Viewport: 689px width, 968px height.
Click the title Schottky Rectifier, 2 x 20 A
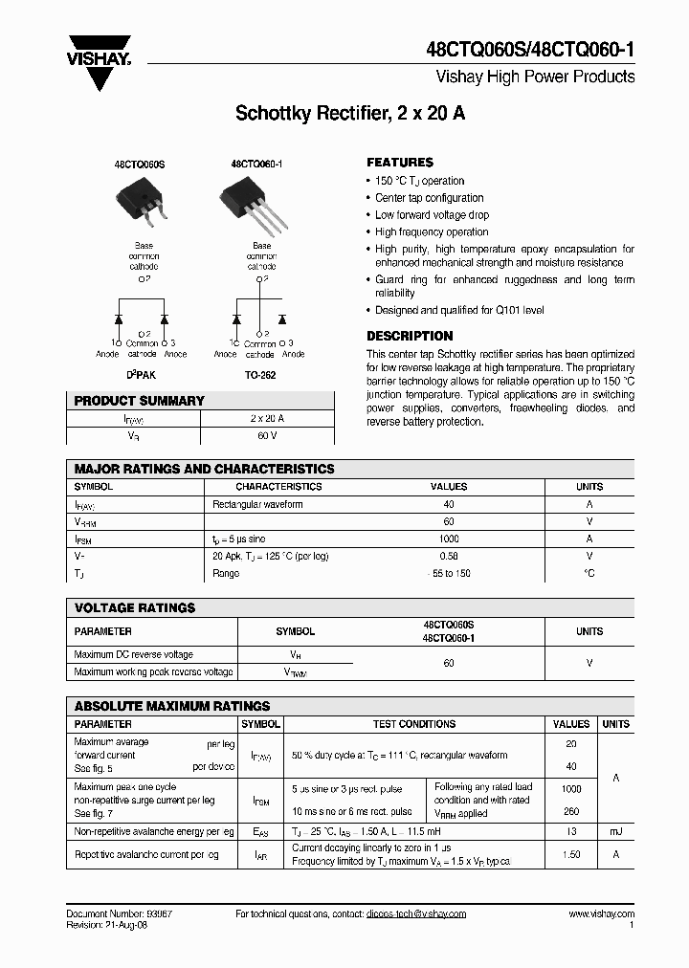pyautogui.click(x=350, y=114)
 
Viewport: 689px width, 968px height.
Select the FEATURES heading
pyautogui.click(x=400, y=163)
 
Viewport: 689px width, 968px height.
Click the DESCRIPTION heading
pyautogui.click(x=410, y=337)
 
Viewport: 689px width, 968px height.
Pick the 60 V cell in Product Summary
pyautogui.click(x=266, y=436)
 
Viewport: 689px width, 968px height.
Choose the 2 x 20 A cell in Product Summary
pyautogui.click(x=266, y=419)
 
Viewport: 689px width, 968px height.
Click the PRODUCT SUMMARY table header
pyautogui.click(x=140, y=401)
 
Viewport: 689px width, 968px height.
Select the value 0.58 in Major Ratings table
pyautogui.click(x=449, y=556)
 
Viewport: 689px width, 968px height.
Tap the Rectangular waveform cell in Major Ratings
pyautogui.click(x=257, y=504)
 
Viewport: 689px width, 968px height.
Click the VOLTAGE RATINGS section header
pyautogui.click(x=135, y=607)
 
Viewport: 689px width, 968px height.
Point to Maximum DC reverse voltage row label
pyautogui.click(x=133, y=655)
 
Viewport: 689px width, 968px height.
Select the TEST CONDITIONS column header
pyautogui.click(x=413, y=724)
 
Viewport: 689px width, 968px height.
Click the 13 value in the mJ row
pyautogui.click(x=572, y=832)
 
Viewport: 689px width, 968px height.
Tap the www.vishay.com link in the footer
pyautogui.click(x=601, y=913)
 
